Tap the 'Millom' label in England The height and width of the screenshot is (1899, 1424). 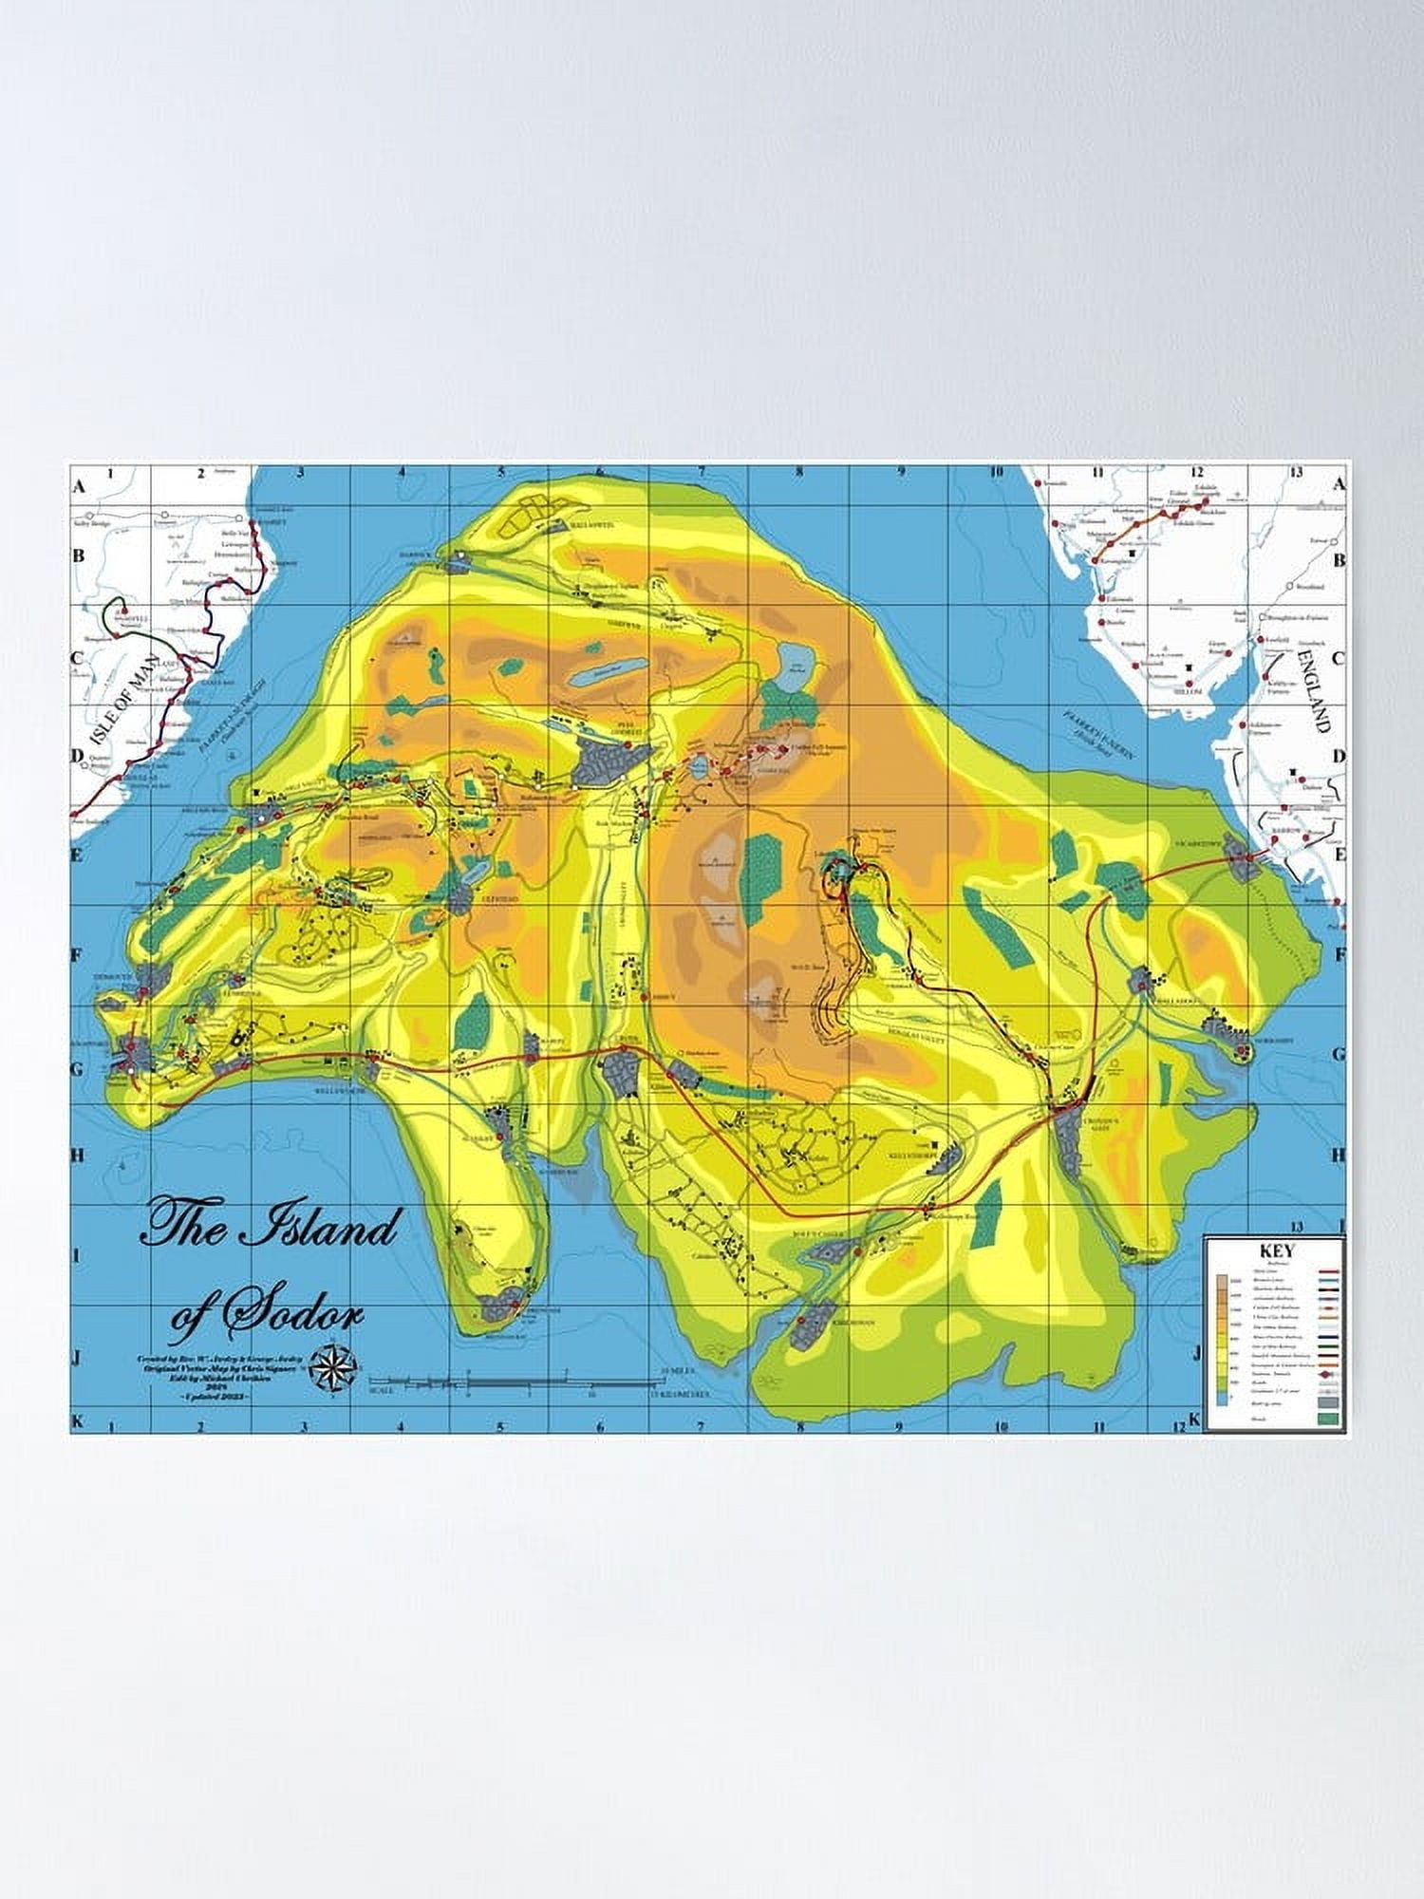click(x=1189, y=691)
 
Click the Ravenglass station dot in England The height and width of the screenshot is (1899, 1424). click(x=1096, y=562)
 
